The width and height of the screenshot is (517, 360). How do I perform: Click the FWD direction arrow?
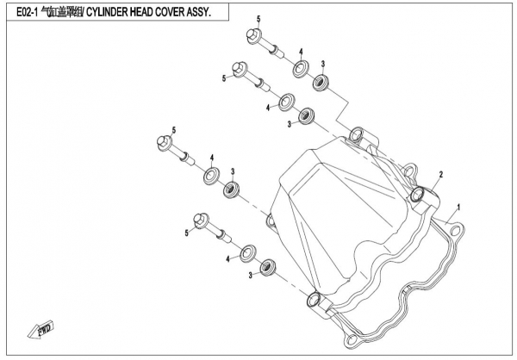42,328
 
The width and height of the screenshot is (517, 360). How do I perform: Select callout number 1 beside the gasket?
459,207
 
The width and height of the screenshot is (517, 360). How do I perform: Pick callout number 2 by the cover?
439,175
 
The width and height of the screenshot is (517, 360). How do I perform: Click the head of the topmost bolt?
255,37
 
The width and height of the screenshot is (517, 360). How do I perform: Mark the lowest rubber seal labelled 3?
269,265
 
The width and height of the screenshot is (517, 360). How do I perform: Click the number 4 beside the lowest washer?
229,258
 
